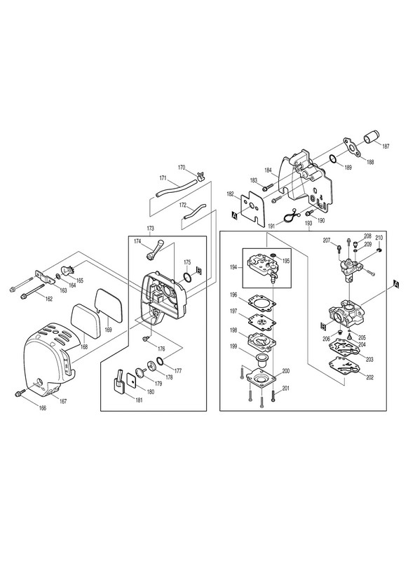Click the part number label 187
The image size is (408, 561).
pyautogui.click(x=386, y=146)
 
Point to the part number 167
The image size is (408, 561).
pyautogui.click(x=63, y=401)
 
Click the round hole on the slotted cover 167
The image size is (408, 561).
pyautogui.click(x=40, y=380)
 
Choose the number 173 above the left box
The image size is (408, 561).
pyautogui.click(x=150, y=228)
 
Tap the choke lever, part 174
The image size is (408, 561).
pyautogui.click(x=154, y=250)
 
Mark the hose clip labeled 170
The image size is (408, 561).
pyautogui.click(x=200, y=175)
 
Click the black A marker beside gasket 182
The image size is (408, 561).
pyautogui.click(x=235, y=215)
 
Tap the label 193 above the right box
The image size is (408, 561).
pyautogui.click(x=308, y=223)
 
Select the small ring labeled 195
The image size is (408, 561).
pyautogui.click(x=274, y=255)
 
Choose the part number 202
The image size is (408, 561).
pyautogui.click(x=369, y=377)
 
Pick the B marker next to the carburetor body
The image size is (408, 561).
pyautogui.click(x=323, y=325)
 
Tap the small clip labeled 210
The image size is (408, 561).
pyautogui.click(x=380, y=249)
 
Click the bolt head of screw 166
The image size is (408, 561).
pyautogui.click(x=18, y=394)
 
